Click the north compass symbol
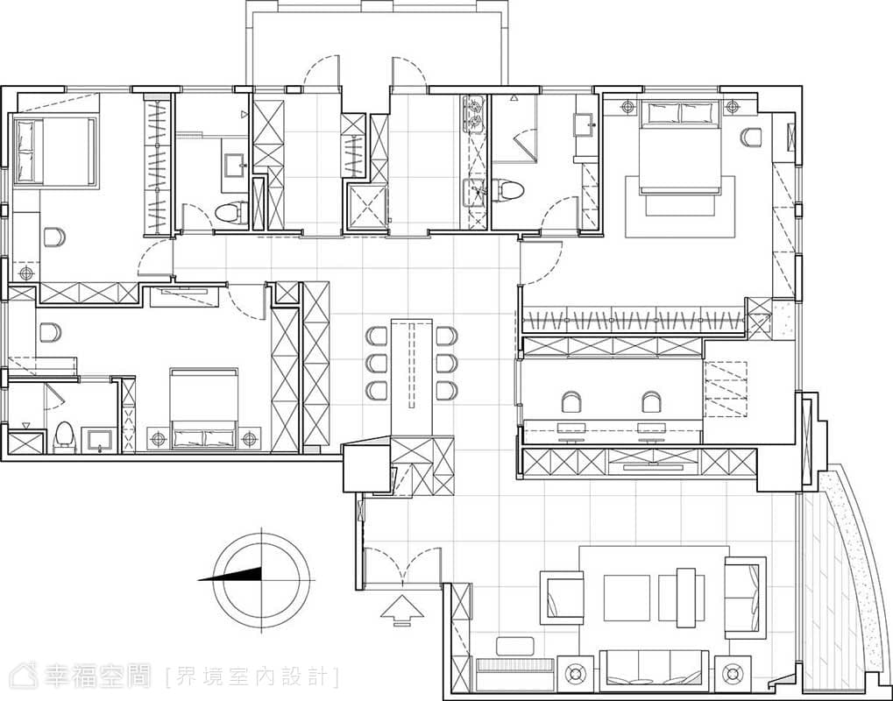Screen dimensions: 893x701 [x=261, y=580]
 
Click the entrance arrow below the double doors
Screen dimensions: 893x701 [x=402, y=611]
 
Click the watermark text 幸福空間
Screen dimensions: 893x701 [x=96, y=676]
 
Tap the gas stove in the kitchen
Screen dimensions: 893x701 [x=474, y=113]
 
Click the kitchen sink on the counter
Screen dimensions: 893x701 [x=474, y=193]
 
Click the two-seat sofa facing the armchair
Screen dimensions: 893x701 [x=745, y=598]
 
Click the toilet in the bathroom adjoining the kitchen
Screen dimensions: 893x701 [x=507, y=190]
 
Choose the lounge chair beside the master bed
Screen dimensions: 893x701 [x=751, y=138]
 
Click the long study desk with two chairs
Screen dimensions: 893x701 [x=613, y=431]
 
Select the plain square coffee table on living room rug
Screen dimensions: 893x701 [x=627, y=598]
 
